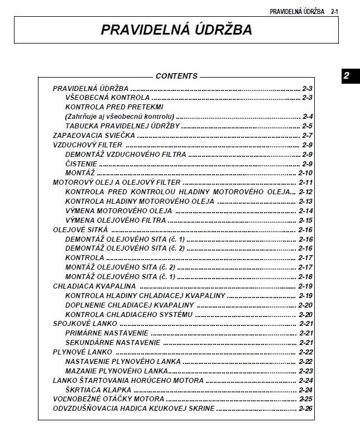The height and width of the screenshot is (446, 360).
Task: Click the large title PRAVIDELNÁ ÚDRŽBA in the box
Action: [x=176, y=30]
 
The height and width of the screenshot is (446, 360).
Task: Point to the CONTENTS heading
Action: [x=176, y=76]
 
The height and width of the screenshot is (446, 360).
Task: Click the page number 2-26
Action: [x=306, y=409]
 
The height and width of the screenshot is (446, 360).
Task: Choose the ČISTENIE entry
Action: [x=81, y=164]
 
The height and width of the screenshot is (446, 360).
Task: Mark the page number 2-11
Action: [x=306, y=183]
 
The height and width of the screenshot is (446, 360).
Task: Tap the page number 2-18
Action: [x=306, y=277]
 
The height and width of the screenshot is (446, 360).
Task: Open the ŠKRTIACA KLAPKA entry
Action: [x=98, y=390]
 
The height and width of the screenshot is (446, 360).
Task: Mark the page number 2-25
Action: [x=306, y=399]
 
